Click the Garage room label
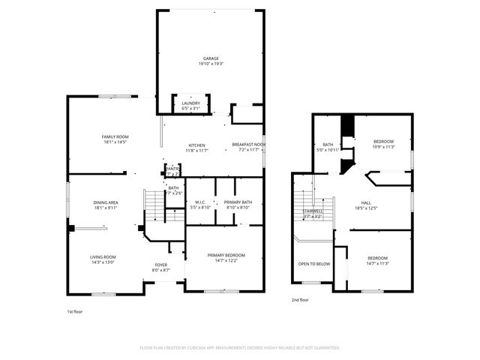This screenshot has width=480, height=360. click(x=210, y=58)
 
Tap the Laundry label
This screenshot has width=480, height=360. click(x=191, y=103)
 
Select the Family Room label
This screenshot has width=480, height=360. click(x=115, y=136)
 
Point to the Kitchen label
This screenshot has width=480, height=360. click(x=196, y=145)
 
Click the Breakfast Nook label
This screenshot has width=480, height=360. click(x=248, y=145)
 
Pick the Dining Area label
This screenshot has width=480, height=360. click(x=105, y=202)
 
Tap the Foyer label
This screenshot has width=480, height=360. click(x=161, y=265)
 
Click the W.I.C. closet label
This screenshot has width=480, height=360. click(x=200, y=202)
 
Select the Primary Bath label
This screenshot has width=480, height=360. click(x=238, y=202)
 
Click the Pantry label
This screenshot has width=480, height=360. click(x=172, y=169)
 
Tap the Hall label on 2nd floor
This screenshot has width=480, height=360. click(x=366, y=202)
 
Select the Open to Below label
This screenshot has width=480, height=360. click(x=314, y=264)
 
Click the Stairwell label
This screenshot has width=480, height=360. click(x=313, y=211)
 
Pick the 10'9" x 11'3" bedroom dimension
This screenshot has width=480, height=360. click(x=383, y=147)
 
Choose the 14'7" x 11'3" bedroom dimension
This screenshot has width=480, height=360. click(x=377, y=263)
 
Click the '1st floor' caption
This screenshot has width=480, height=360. click(x=74, y=310)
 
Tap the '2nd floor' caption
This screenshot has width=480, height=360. click(x=300, y=300)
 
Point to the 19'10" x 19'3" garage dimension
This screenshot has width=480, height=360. click(x=210, y=63)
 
